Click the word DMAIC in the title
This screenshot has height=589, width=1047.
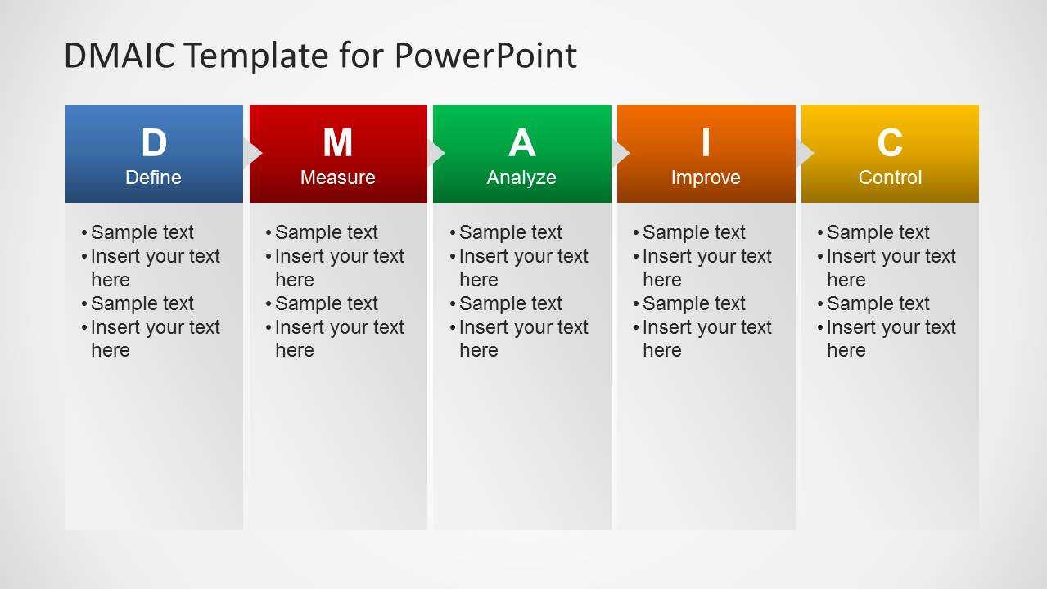point(120,56)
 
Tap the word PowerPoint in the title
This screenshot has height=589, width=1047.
point(485,56)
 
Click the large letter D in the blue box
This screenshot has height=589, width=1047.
point(154,142)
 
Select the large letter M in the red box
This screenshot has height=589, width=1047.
point(338,142)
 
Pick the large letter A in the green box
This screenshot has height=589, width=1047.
point(522,142)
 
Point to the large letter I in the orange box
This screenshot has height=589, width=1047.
point(706,142)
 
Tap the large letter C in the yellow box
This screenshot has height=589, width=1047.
point(890,142)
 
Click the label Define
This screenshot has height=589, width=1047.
point(153,178)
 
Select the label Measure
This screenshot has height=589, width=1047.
point(338,178)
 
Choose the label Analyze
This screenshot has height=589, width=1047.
point(521,178)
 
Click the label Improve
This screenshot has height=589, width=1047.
point(706,178)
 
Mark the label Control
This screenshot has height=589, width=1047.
point(890,178)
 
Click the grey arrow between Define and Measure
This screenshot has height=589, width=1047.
point(252,153)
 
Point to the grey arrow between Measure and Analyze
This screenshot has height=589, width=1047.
point(436,153)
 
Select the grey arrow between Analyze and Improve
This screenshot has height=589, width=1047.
point(621,153)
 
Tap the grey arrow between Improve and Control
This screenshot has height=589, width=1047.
point(805,153)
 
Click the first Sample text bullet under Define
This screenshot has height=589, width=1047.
point(138,232)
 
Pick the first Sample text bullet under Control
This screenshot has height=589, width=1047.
point(873,232)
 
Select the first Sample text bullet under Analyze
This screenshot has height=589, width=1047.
point(506,232)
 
